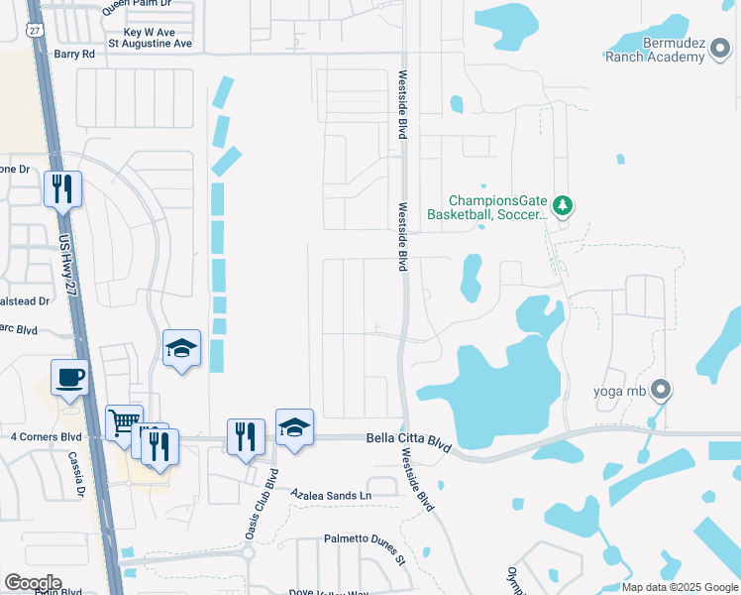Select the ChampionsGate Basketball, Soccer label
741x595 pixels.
(x=486, y=206)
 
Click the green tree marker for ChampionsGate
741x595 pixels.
(x=564, y=205)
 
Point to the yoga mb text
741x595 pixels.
(x=620, y=391)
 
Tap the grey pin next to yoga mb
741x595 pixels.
(x=661, y=390)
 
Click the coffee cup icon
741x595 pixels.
(x=69, y=378)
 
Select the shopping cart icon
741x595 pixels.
(x=124, y=423)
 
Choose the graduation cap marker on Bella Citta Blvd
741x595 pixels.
(x=294, y=427)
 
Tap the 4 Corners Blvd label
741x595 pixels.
(x=46, y=436)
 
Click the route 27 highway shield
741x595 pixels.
(x=35, y=31)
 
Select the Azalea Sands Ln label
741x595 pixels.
(x=331, y=494)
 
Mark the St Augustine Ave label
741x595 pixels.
(x=151, y=44)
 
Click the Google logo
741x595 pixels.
(x=32, y=583)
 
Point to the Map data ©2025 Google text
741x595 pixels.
(x=679, y=587)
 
